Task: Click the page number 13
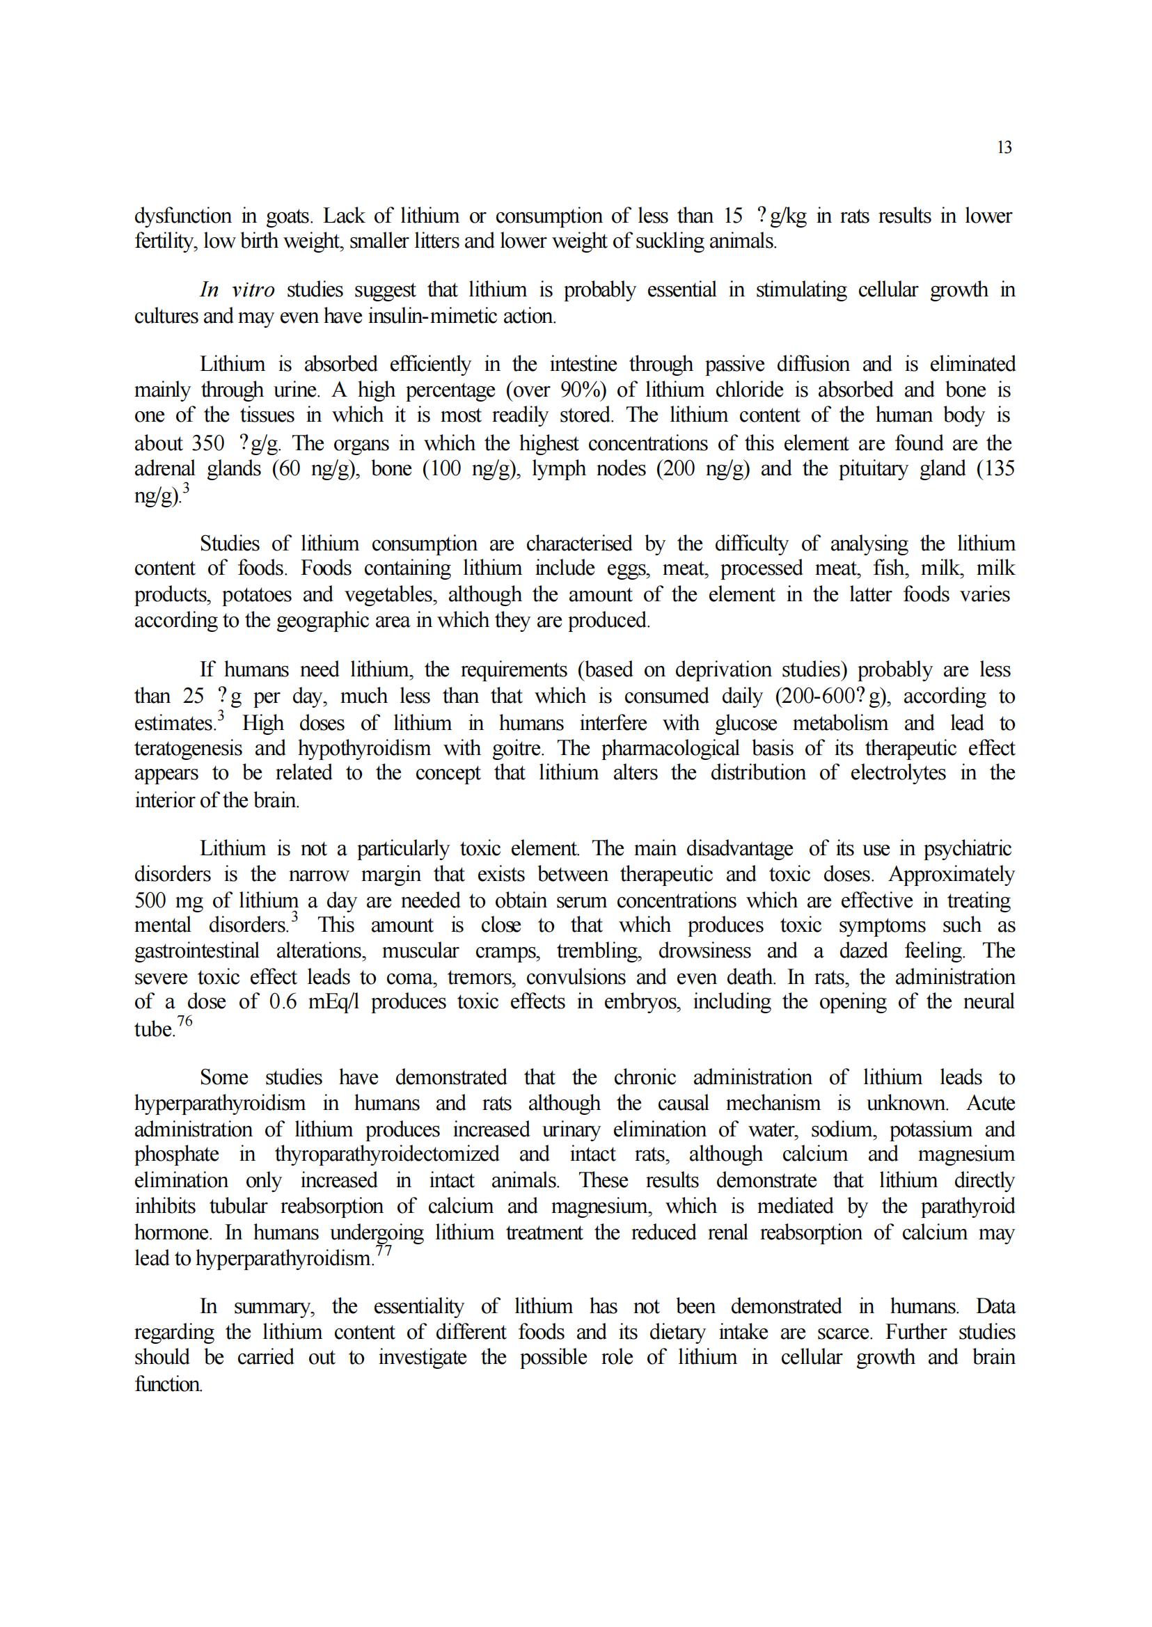pyautogui.click(x=1004, y=148)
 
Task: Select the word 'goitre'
pyautogui.click(x=526, y=748)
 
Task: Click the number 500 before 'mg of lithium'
pyautogui.click(x=150, y=900)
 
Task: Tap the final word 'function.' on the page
pyautogui.click(x=168, y=1383)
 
